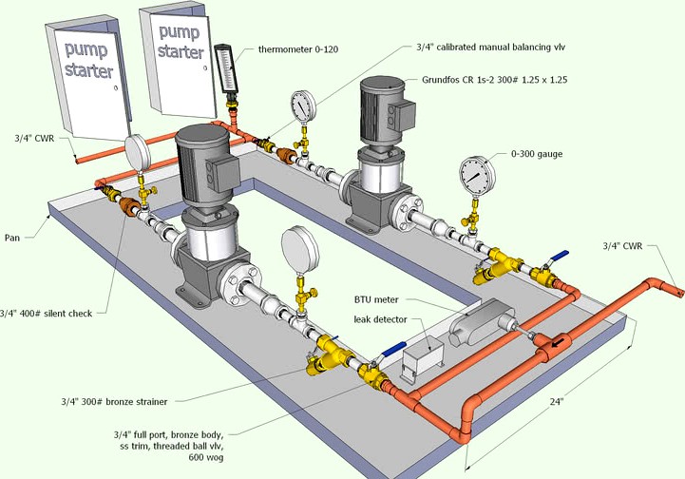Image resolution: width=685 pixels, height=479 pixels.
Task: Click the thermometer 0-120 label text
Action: (x=297, y=49)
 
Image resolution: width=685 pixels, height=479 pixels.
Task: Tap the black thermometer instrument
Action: (x=225, y=69)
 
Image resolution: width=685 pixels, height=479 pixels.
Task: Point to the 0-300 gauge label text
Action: (x=542, y=153)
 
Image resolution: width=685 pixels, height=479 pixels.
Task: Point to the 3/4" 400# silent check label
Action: (x=47, y=313)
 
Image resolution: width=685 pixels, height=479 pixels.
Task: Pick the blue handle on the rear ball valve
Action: (x=561, y=255)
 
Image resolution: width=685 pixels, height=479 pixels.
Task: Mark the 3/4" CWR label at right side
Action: (x=623, y=245)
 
